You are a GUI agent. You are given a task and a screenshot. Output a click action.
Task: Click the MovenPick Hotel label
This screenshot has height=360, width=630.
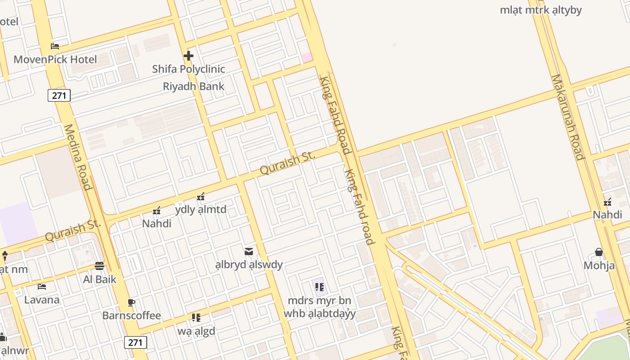pyautogui.click(x=55, y=59)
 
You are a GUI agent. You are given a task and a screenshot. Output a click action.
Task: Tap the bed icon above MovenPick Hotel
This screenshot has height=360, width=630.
pyautogui.click(x=55, y=46)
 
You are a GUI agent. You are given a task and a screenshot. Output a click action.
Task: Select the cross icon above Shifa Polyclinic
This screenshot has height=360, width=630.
pyautogui.click(x=189, y=56)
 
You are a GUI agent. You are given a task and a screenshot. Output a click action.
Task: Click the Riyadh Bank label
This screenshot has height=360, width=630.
pyautogui.click(x=193, y=86)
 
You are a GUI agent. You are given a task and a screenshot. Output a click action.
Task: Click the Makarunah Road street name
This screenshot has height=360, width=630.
pyautogui.click(x=568, y=117)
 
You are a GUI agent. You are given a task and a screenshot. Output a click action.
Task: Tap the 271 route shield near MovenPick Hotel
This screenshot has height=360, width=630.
pyautogui.click(x=59, y=95)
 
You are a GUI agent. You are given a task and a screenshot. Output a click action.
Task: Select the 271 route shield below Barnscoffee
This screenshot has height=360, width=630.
pyautogui.click(x=135, y=342)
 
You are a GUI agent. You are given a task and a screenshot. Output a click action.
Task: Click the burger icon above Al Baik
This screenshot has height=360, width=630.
pyautogui.click(x=99, y=266)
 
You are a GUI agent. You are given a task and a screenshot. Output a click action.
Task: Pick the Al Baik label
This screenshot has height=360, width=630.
pyautogui.click(x=99, y=279)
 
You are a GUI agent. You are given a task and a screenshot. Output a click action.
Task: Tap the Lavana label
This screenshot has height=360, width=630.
pyautogui.click(x=42, y=300)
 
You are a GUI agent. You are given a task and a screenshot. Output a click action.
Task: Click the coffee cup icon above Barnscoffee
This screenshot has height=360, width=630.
pyautogui.click(x=131, y=302)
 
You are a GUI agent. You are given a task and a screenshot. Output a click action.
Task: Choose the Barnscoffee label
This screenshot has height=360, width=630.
pyautogui.click(x=131, y=315)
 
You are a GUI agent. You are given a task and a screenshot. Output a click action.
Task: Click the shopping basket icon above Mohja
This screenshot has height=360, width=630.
pyautogui.click(x=599, y=252)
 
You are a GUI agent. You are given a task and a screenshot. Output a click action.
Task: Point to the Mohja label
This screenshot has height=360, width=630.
pyautogui.click(x=599, y=265)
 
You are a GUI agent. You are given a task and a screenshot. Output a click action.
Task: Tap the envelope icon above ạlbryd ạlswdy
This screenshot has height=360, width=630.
pyautogui.click(x=249, y=252)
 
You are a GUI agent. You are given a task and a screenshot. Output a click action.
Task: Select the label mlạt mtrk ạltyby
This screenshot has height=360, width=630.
pyautogui.click(x=541, y=10)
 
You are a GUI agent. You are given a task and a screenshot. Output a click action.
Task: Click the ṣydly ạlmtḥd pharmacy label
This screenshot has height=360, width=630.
pyautogui.click(x=201, y=210)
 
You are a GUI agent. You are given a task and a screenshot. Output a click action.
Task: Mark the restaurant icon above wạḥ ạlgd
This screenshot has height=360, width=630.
pyautogui.click(x=196, y=318)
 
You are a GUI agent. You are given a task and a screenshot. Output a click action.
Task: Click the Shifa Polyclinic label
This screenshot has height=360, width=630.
pyautogui.click(x=189, y=69)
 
